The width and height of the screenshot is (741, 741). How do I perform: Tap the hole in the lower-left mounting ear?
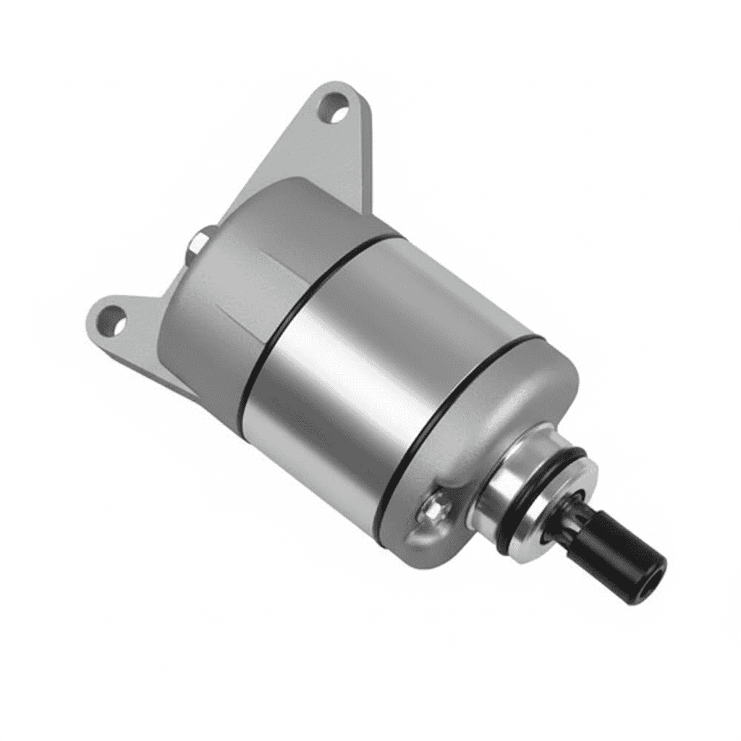113,318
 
